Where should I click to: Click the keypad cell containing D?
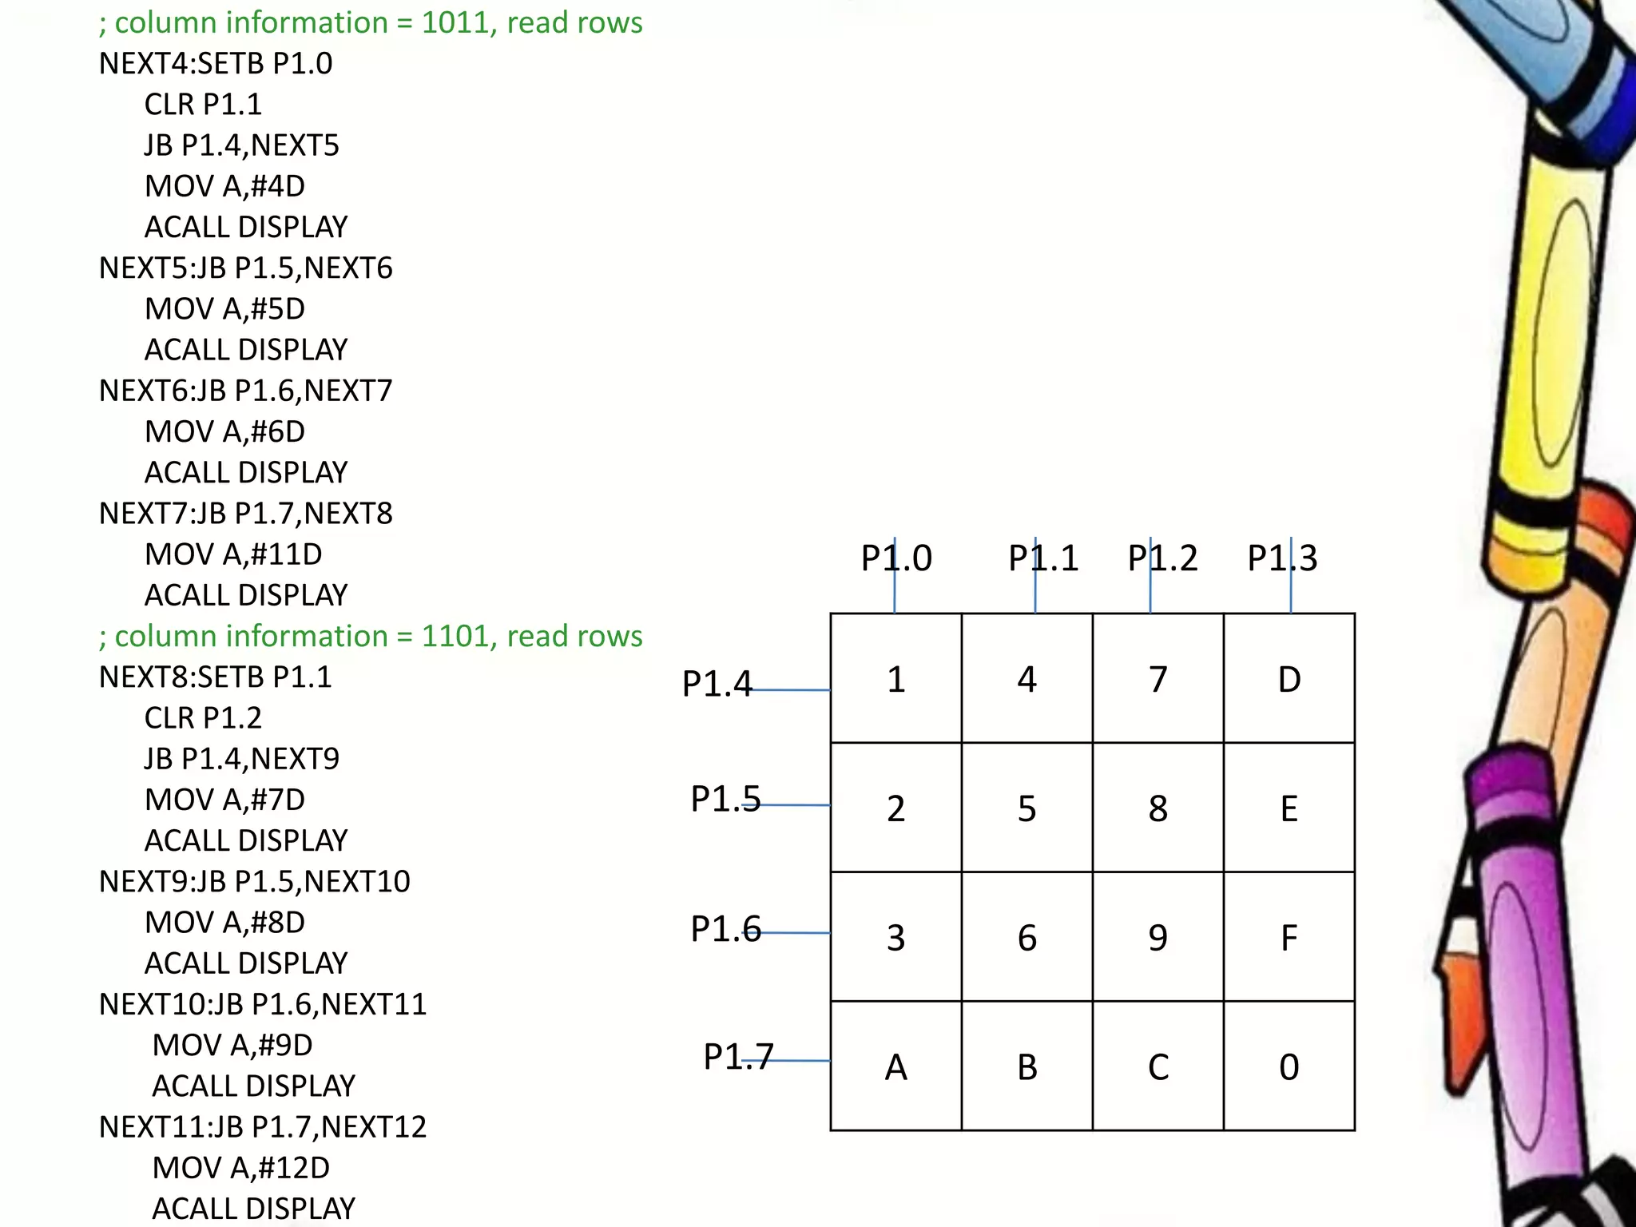(x=1289, y=679)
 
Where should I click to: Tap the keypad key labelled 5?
(x=1026, y=808)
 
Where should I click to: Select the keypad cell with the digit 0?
(x=1289, y=1066)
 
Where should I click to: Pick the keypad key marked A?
(x=895, y=1066)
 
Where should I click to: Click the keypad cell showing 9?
(x=1158, y=937)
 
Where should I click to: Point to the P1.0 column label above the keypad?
(x=895, y=558)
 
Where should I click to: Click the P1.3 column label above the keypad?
(x=1282, y=558)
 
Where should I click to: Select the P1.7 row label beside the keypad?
(x=738, y=1056)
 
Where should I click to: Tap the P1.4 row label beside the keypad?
(x=717, y=683)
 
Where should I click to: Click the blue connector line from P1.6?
(x=795, y=932)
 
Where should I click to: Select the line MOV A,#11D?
(x=232, y=554)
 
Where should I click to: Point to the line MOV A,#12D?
(x=240, y=1167)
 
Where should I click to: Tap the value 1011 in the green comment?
(x=450, y=22)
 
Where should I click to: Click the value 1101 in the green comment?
(x=450, y=636)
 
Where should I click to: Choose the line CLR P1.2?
(x=203, y=717)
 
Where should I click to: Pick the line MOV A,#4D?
(x=224, y=185)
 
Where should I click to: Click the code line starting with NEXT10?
(x=263, y=1003)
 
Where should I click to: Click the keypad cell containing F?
(x=1289, y=937)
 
